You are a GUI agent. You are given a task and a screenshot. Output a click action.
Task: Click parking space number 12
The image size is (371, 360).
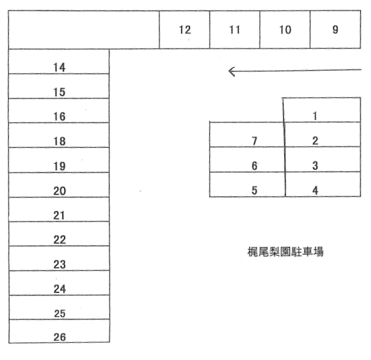pos(185,30)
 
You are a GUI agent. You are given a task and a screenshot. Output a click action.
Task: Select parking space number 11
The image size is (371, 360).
pos(234,30)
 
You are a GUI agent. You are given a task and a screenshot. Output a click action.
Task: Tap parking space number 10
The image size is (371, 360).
pos(285,30)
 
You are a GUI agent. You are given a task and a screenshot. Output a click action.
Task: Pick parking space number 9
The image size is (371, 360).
pos(335,30)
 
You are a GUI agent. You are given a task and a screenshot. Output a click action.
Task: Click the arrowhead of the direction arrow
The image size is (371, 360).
pos(231,71)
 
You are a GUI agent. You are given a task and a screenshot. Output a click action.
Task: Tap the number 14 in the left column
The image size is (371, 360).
pos(60,67)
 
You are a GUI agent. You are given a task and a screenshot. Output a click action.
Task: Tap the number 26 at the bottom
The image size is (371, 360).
pos(60,337)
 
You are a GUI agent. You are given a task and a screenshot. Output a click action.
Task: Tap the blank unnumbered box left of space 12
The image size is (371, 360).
pos(84,30)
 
